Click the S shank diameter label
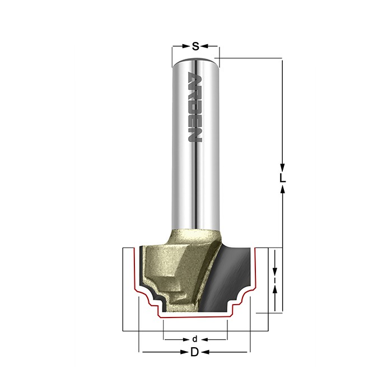click(195, 46)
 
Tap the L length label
click(282, 178)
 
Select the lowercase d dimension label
click(195, 339)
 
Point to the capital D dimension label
click(194, 352)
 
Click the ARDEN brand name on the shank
click(195, 108)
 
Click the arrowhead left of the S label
click(186, 46)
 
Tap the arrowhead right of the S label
click(204, 46)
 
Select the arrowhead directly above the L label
click(282, 167)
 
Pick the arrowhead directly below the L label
click(282, 190)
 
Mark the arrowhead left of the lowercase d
click(186, 339)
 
